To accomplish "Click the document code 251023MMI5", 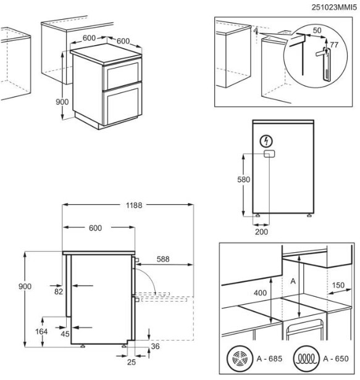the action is point(334,7).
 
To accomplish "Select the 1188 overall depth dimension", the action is point(134,205).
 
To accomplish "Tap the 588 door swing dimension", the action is point(163,259).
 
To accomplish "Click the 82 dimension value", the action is point(59,292).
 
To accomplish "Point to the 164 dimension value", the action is point(41,331).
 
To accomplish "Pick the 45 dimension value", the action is point(65,334).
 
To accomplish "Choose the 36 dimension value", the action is point(155,346).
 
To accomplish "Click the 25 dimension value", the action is point(132,362).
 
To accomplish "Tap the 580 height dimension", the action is point(243,180).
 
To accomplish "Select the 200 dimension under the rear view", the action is point(262,232).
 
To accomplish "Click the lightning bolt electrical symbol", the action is point(266,141).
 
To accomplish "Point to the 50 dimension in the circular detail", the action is point(317,30).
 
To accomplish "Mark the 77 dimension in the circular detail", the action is point(334,45).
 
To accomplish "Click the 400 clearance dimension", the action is point(261,293).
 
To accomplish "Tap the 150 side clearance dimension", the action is point(338,285).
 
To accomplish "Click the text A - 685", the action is point(269,358).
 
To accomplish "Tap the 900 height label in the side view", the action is point(25,286).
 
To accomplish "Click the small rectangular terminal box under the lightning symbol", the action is point(269,154).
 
